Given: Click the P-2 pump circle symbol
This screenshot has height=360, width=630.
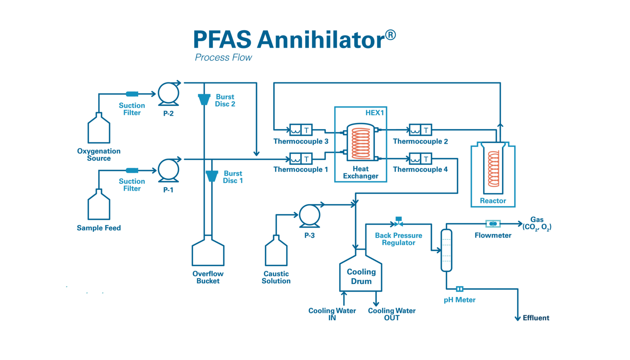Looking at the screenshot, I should click(x=168, y=93).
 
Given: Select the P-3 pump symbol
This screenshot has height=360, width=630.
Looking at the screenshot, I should click(x=309, y=215).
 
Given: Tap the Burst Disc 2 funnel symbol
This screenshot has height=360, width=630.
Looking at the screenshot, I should click(x=204, y=100).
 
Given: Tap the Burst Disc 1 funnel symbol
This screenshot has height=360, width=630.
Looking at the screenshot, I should click(x=212, y=176).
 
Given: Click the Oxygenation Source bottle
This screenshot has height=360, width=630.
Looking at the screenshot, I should click(x=99, y=130).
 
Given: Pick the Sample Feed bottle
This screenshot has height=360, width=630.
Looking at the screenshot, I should click(x=99, y=206).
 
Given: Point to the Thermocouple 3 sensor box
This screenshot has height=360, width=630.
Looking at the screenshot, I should click(x=301, y=130).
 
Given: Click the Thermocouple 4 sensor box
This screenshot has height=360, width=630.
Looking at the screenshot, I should click(x=420, y=159).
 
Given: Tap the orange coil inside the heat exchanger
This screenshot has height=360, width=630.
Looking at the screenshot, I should click(x=361, y=143).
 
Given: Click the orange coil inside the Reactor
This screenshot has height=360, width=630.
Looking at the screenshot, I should click(x=493, y=169).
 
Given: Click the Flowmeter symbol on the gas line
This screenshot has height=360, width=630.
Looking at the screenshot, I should click(x=493, y=223).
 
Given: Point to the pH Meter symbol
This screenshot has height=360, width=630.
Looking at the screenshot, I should click(x=460, y=289).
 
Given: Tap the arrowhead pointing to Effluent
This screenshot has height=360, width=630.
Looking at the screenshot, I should click(x=518, y=318).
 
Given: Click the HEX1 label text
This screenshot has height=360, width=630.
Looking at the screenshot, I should click(x=374, y=113).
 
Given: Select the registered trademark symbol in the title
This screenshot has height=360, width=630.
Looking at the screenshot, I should click(x=390, y=35).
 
